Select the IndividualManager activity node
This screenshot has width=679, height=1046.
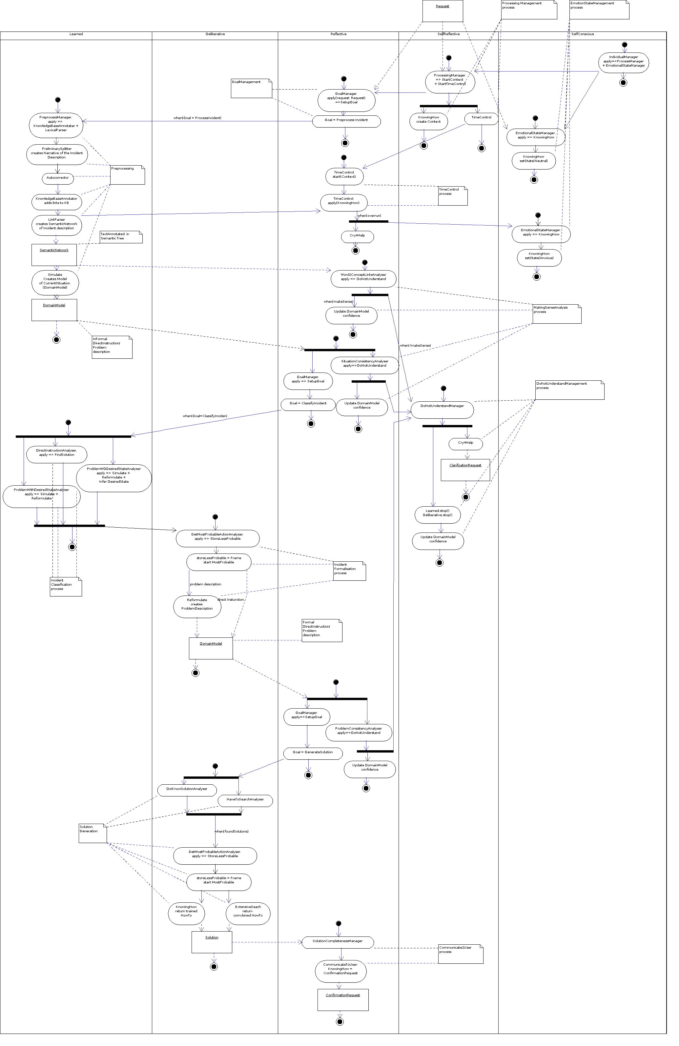point(624,62)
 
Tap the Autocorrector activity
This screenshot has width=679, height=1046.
point(58,178)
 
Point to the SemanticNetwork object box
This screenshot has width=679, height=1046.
point(54,254)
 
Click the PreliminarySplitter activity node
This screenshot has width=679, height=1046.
point(57,153)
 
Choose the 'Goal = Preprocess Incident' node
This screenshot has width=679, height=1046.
point(346,120)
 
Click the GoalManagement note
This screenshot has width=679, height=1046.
point(252,88)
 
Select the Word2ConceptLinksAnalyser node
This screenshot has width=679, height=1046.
point(363,277)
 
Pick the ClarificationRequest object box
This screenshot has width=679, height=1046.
point(465,470)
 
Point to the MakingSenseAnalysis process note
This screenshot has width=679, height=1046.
point(557,314)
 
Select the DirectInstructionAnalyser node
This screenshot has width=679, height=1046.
point(57,453)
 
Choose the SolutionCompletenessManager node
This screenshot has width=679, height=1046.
point(338,941)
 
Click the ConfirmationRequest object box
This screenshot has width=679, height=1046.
point(343,1000)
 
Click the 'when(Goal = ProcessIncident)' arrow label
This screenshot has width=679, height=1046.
point(197,118)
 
